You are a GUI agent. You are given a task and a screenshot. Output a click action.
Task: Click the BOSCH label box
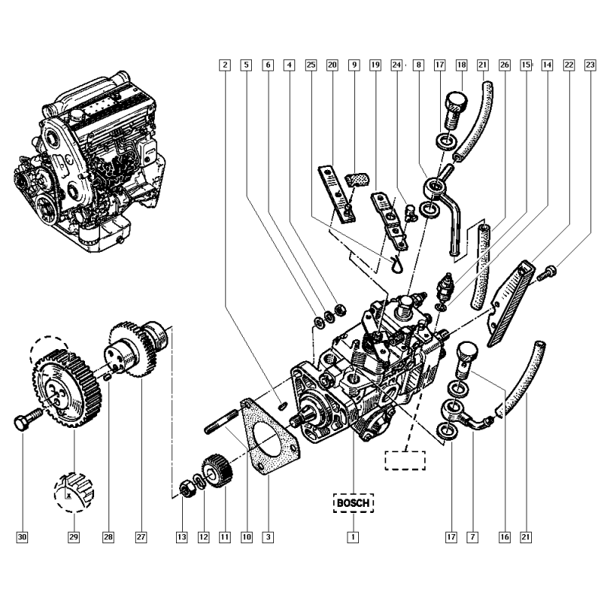tap(353, 503)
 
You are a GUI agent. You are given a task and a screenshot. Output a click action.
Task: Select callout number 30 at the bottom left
tap(22, 537)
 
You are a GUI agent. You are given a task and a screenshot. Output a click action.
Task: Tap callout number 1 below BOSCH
tap(353, 537)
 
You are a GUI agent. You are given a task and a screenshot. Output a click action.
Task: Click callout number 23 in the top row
tap(590, 66)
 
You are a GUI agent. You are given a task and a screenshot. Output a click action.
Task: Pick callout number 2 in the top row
tap(224, 66)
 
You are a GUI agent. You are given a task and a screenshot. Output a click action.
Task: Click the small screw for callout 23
tap(547, 274)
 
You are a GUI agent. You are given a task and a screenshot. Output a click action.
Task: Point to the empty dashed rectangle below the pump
tap(405, 461)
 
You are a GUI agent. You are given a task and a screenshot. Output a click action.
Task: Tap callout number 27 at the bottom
tap(140, 537)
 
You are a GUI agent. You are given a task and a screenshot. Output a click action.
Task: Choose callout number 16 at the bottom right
tap(504, 537)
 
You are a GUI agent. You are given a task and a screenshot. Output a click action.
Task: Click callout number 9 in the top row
tap(354, 66)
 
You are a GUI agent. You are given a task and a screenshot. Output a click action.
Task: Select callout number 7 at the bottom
tap(472, 537)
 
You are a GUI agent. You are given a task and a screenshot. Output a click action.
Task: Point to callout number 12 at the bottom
tap(203, 537)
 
